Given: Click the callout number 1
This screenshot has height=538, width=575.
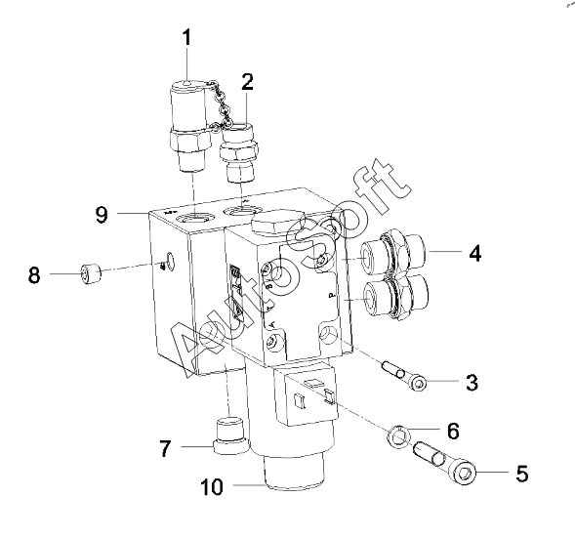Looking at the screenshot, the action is pos(187,37).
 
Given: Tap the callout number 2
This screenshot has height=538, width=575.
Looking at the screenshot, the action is pos(248,82).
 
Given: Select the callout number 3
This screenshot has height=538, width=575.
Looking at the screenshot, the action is pos(472,383).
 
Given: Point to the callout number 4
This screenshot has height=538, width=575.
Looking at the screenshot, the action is pos(475,253).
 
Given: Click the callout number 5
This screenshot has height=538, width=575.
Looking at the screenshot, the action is pos(522,474).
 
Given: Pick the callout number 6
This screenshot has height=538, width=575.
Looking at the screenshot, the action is pos(453,431).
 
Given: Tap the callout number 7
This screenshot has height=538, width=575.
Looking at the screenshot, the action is pos(165,448).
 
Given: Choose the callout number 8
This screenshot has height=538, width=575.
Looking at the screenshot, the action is pos(34,275).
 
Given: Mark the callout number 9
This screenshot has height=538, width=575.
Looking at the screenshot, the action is pos(102,215).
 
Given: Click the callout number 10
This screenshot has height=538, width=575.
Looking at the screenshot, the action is pos(212,487).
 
